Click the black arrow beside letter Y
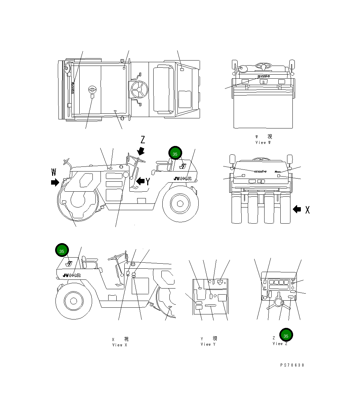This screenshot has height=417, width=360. pos(140,181)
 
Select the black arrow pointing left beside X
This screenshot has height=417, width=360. pos(297,209)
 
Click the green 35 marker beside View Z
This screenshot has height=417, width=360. pos(286,335)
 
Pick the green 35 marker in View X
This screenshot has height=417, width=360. pos(62,251)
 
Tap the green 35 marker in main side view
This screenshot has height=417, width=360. pos(175,154)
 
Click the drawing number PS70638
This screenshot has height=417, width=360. pos(292,365)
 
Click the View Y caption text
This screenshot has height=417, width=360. pos(208,344)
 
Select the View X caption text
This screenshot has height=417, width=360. pos(120,345)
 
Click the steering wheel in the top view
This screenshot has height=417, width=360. pos(139,89)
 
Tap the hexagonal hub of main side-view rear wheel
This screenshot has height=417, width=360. pos(180,203)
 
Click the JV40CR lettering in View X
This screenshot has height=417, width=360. pos(72,275)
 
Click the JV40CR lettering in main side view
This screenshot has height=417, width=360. pos(183,179)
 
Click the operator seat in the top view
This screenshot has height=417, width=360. pos(163,89)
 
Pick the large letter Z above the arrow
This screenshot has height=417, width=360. pos(143,140)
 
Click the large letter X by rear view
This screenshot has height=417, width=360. pos(307,210)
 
